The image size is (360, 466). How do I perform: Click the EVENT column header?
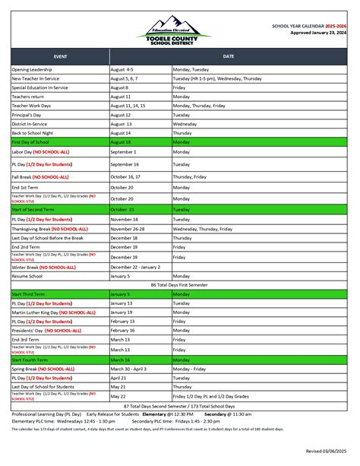coord(60,56)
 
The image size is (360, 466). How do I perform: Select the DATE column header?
coord(229,56)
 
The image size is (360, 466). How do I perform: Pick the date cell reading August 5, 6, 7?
coord(125,78)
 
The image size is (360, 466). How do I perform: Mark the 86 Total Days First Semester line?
coord(179,284)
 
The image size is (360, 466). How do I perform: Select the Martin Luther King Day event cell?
coord(53,312)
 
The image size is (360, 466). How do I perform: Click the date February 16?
coord(122,331)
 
